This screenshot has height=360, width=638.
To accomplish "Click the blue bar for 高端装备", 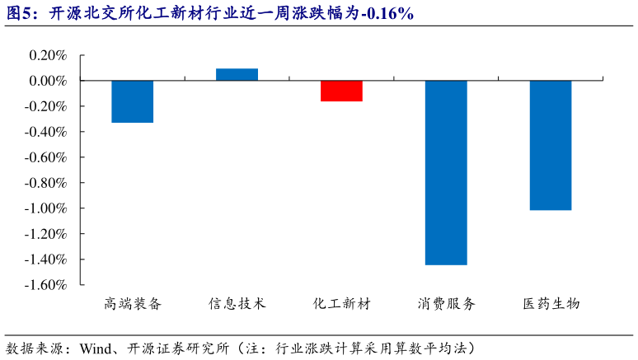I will pos(132,101).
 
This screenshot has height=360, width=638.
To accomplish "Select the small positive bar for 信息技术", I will pos(237,75).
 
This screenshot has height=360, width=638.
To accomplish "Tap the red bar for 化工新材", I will pos(341,91).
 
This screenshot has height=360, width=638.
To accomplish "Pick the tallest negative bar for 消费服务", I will pos(446,172).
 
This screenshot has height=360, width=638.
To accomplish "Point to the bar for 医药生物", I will pos(550,145).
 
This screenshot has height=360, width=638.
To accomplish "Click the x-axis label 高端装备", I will pos(133,303).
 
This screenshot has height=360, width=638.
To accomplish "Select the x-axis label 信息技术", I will pos(237,303).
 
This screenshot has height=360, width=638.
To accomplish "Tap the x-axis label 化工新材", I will pos(341,303).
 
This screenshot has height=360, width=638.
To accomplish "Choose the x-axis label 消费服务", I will pos(446,303).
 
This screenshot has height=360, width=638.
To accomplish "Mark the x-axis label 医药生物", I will pos(551,303).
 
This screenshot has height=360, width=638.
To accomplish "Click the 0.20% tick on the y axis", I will pos(47,55).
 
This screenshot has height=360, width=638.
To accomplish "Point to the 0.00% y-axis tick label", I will pos(47,81).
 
